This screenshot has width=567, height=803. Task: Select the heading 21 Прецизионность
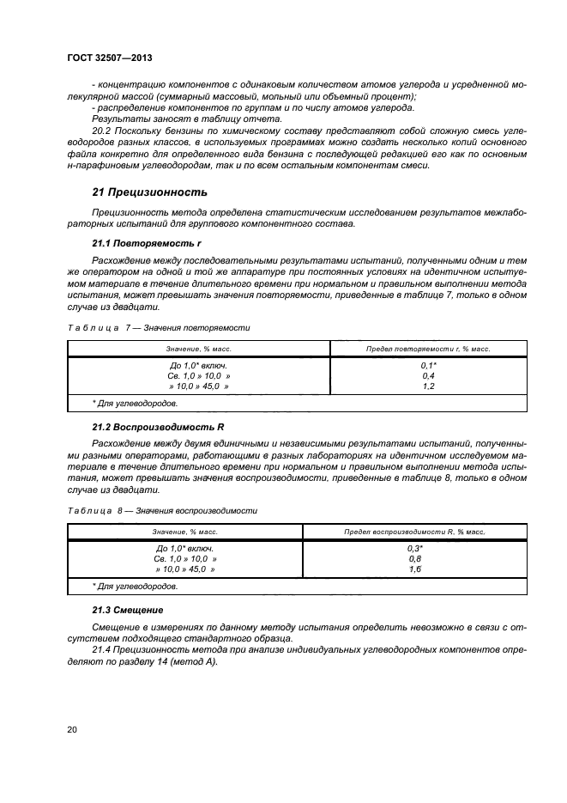coord(149,191)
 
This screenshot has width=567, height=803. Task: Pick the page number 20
coord(72,729)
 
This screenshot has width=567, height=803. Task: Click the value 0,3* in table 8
coord(415,548)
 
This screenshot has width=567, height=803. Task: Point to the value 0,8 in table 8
coord(415,558)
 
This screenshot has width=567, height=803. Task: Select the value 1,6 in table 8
coord(415,569)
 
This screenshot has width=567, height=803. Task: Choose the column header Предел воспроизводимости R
coord(415,532)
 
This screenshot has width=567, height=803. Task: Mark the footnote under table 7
coord(135,403)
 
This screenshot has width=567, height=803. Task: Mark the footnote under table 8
coord(135,586)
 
